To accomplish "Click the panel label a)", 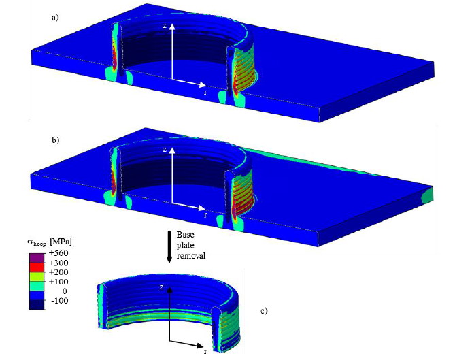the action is point(55,18).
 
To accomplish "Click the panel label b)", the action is point(55,140).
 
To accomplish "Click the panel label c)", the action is point(264,311).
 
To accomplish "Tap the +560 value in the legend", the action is point(58,253).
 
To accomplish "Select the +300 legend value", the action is point(58,263).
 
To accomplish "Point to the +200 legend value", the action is point(58,272).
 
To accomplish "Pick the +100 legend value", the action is point(58,282).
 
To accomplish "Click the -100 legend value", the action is point(60,301).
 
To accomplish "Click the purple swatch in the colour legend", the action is point(37,258).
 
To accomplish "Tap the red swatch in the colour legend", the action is point(37,267).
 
